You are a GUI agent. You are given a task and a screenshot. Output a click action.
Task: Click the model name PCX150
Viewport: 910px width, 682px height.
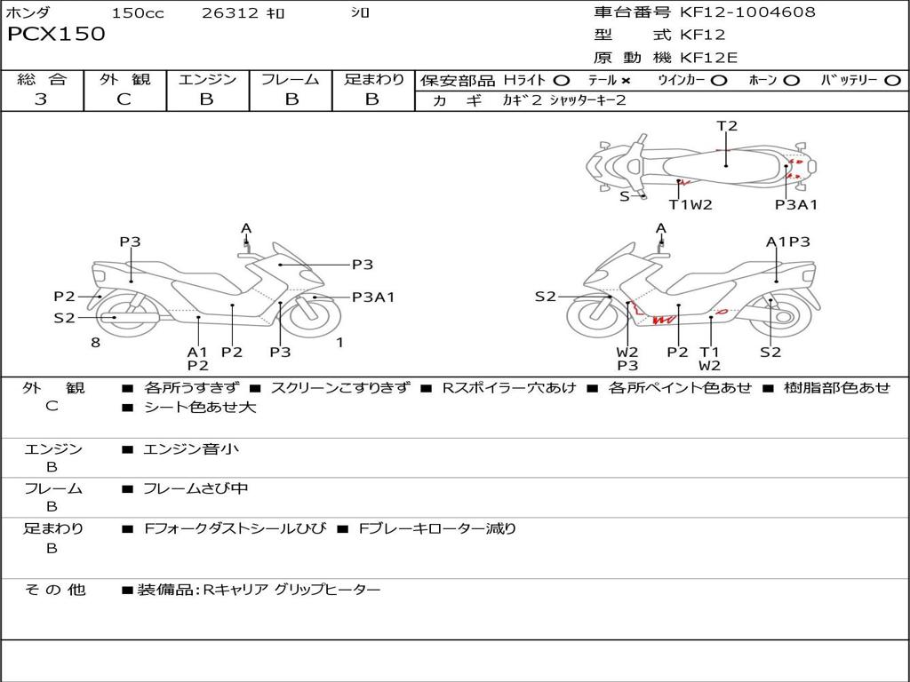pyautogui.click(x=56, y=35)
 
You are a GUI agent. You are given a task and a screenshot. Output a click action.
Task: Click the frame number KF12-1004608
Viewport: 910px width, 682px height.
pyautogui.click(x=747, y=12)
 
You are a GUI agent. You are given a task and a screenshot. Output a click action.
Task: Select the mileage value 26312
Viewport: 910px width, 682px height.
pyautogui.click(x=230, y=13)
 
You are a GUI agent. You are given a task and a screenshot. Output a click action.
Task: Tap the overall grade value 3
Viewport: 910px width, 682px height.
pyautogui.click(x=41, y=99)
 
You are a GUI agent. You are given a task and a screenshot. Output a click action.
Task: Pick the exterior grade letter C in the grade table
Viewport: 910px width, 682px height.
pyautogui.click(x=124, y=99)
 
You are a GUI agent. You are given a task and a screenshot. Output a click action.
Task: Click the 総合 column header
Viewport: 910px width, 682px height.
pyautogui.click(x=42, y=80)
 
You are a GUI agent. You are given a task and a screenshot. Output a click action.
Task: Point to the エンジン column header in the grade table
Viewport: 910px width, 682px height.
pyautogui.click(x=207, y=80)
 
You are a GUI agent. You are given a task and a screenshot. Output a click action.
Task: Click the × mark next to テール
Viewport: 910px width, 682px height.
pyautogui.click(x=626, y=81)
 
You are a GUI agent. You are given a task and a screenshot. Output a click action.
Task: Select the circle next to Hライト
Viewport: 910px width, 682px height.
pyautogui.click(x=562, y=81)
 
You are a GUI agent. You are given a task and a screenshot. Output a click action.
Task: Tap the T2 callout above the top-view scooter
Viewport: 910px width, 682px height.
pyautogui.click(x=727, y=126)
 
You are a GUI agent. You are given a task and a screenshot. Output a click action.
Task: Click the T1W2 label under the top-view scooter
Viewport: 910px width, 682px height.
pyautogui.click(x=690, y=204)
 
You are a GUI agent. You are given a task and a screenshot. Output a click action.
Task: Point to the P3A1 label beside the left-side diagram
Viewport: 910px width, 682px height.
pyautogui.click(x=373, y=297)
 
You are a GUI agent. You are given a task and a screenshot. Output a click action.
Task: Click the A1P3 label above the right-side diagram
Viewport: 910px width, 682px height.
pyautogui.click(x=788, y=242)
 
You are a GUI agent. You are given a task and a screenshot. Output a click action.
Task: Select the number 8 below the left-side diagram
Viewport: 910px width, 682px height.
pyautogui.click(x=95, y=343)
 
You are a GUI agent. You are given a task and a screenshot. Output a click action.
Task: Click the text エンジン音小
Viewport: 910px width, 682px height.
pyautogui.click(x=191, y=449)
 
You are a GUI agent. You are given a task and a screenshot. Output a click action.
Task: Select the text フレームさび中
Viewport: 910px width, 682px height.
pyautogui.click(x=196, y=488)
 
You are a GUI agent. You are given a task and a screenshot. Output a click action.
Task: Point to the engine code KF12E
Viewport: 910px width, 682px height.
pyautogui.click(x=709, y=59)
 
